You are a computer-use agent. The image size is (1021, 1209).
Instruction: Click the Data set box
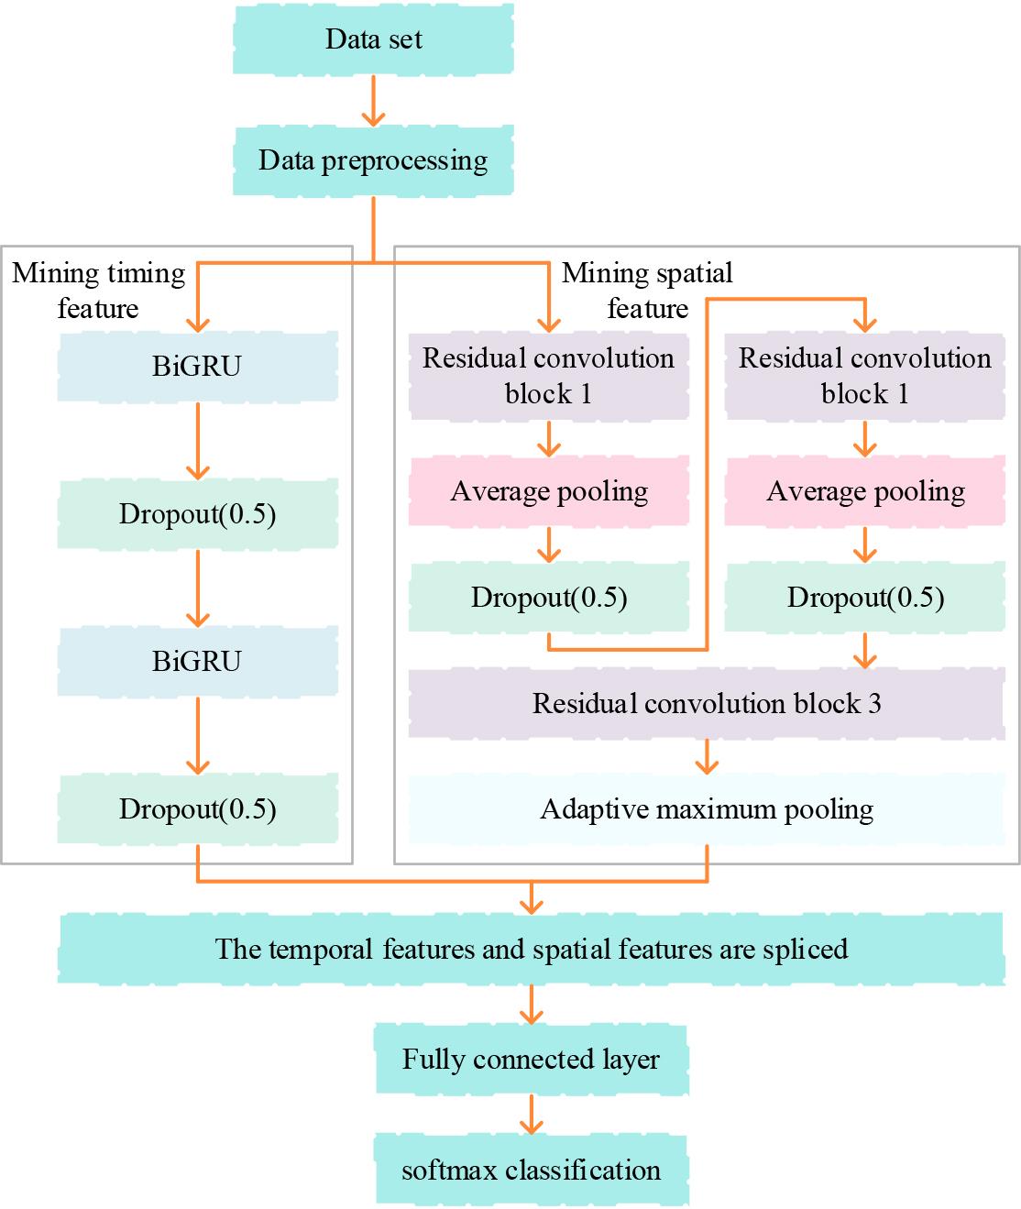coord(373,39)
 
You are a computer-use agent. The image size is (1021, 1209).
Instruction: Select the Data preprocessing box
coord(373,160)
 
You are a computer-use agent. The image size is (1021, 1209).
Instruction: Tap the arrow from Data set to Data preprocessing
coord(373,100)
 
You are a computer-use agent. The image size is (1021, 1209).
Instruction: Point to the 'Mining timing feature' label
coord(98,291)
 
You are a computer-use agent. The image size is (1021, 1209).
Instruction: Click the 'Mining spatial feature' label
coord(647,291)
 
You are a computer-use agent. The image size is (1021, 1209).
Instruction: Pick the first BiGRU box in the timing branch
coord(197,366)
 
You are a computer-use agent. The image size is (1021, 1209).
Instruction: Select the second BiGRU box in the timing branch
coord(197,661)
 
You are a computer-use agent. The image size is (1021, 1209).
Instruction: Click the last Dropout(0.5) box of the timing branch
coord(197,809)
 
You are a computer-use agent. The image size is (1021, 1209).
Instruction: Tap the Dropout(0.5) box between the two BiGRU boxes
coord(197,513)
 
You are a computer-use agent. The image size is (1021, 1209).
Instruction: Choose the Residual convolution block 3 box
coord(706,703)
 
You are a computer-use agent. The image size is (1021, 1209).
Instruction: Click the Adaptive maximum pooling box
coord(706,809)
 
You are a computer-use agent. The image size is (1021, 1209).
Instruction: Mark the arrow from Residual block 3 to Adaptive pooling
coord(706,756)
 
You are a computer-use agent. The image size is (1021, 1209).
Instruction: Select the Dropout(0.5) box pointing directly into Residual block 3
coord(865,598)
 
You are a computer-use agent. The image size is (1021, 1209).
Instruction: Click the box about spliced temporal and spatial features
coord(531,949)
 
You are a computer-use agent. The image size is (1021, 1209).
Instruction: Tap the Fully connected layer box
coord(531,1060)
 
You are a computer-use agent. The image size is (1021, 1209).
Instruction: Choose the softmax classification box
coord(531,1171)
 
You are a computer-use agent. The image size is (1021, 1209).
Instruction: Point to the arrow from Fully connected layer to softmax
coord(531,1115)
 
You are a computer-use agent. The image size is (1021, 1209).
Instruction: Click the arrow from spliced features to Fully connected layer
coord(531,1004)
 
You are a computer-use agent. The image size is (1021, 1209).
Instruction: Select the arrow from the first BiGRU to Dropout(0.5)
coord(197,440)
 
